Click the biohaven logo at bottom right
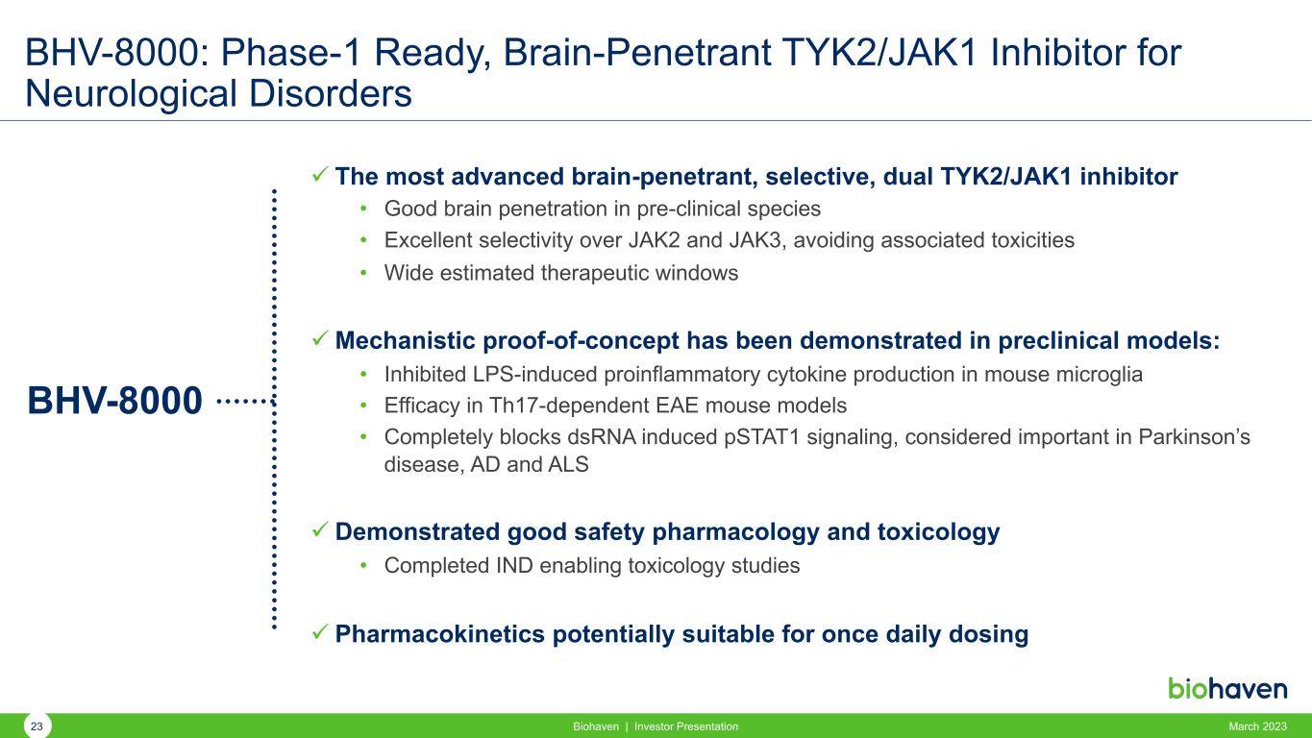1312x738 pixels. click(x=1227, y=688)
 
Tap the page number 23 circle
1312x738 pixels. click(x=37, y=726)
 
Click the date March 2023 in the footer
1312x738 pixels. click(x=1257, y=726)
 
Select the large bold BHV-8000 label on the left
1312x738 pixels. click(x=114, y=401)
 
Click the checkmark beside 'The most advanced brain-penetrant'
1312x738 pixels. click(x=320, y=174)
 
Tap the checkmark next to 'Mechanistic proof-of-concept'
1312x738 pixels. click(x=320, y=338)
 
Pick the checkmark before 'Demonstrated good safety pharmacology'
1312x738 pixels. click(x=320, y=529)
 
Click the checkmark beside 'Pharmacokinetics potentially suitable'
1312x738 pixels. click(x=320, y=632)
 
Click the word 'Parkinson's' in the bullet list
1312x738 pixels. click(x=1195, y=437)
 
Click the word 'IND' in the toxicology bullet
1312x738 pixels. click(x=514, y=565)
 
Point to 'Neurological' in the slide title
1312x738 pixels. click(x=131, y=94)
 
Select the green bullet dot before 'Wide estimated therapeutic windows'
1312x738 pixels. click(x=363, y=273)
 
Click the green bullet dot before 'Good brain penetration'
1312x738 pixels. click(x=363, y=209)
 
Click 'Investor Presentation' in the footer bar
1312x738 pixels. click(x=686, y=726)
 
